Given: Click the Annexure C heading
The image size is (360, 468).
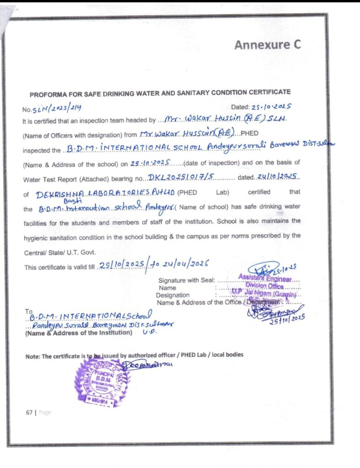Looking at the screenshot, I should [x=268, y=45].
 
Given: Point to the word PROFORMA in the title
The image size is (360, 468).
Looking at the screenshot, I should [x=48, y=95].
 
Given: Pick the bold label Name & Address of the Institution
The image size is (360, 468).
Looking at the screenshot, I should [x=79, y=333].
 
